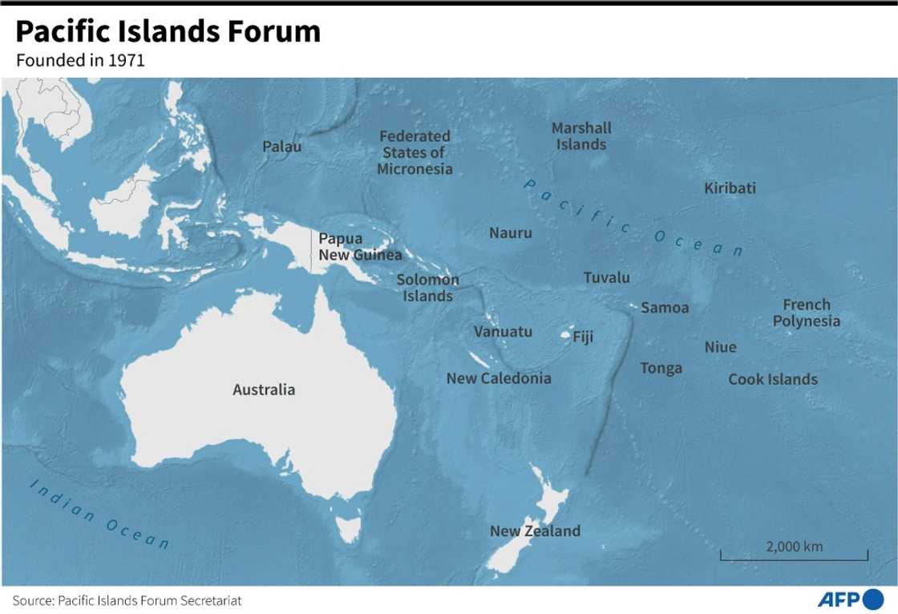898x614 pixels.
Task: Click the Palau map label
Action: click(x=282, y=147)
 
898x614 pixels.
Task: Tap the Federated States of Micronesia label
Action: click(x=415, y=152)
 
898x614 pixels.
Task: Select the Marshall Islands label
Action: click(x=581, y=136)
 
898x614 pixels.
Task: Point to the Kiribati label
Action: click(x=730, y=188)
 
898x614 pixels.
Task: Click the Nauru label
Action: click(x=510, y=233)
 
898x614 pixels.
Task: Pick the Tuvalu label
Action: click(x=606, y=278)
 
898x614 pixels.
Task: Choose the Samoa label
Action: click(x=665, y=308)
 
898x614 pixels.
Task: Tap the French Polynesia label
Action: click(x=807, y=313)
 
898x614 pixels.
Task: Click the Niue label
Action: click(x=720, y=347)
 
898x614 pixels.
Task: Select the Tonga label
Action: click(x=661, y=368)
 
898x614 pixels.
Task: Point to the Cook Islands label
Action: click(x=773, y=379)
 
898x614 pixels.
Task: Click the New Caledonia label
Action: click(x=499, y=378)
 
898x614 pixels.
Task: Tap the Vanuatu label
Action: click(x=503, y=332)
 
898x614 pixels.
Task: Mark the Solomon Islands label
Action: click(x=427, y=288)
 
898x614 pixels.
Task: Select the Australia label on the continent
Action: click(x=264, y=390)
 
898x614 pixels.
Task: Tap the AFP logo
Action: click(x=849, y=599)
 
